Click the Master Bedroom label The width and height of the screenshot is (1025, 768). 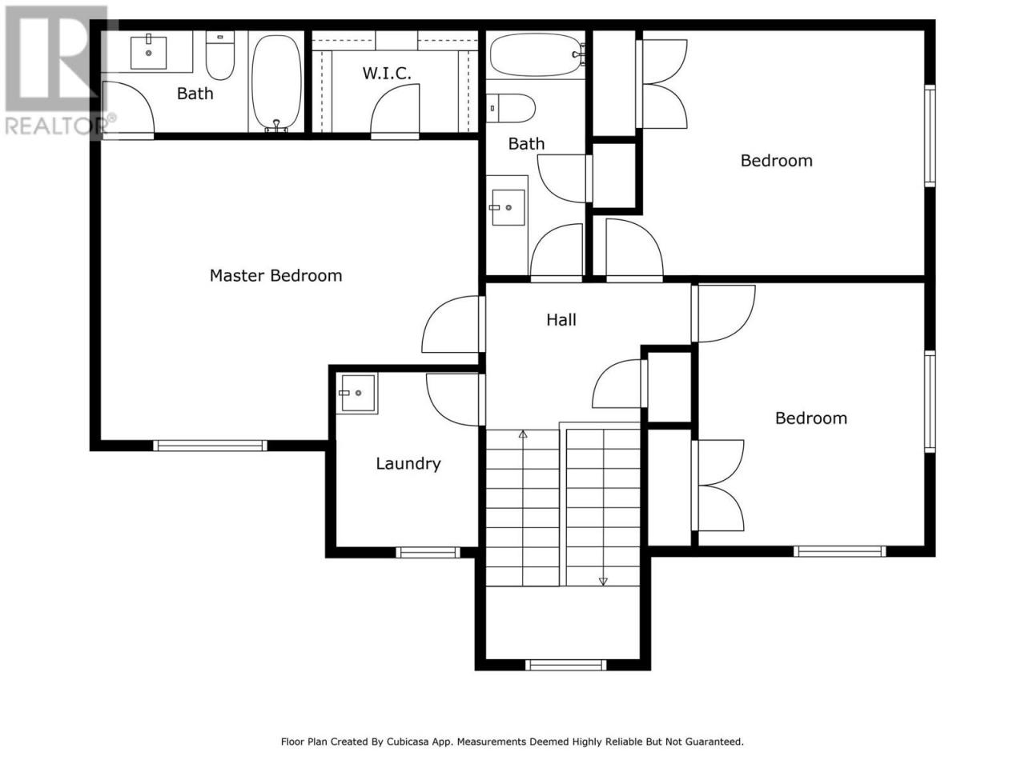click(x=275, y=275)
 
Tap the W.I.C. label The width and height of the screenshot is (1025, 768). click(x=387, y=74)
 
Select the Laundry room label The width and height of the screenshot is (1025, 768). click(x=408, y=463)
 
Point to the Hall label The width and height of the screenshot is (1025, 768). click(x=561, y=319)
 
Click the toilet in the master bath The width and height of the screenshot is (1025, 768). click(x=220, y=55)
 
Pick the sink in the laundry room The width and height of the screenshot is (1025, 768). click(x=358, y=393)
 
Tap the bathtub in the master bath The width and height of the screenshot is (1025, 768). click(x=276, y=83)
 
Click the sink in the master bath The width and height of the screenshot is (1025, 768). click(x=148, y=52)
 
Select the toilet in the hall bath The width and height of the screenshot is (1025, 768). click(x=510, y=108)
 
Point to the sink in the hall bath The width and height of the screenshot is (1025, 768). click(x=507, y=207)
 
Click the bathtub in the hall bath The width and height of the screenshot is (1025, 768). click(x=536, y=54)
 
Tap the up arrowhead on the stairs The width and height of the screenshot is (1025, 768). click(x=523, y=434)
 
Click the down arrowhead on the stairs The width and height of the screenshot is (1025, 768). click(x=603, y=582)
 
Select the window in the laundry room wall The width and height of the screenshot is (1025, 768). click(x=428, y=553)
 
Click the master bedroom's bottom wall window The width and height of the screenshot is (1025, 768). click(x=210, y=446)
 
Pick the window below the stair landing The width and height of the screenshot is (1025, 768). click(x=565, y=665)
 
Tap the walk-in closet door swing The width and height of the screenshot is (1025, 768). click(x=395, y=111)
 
